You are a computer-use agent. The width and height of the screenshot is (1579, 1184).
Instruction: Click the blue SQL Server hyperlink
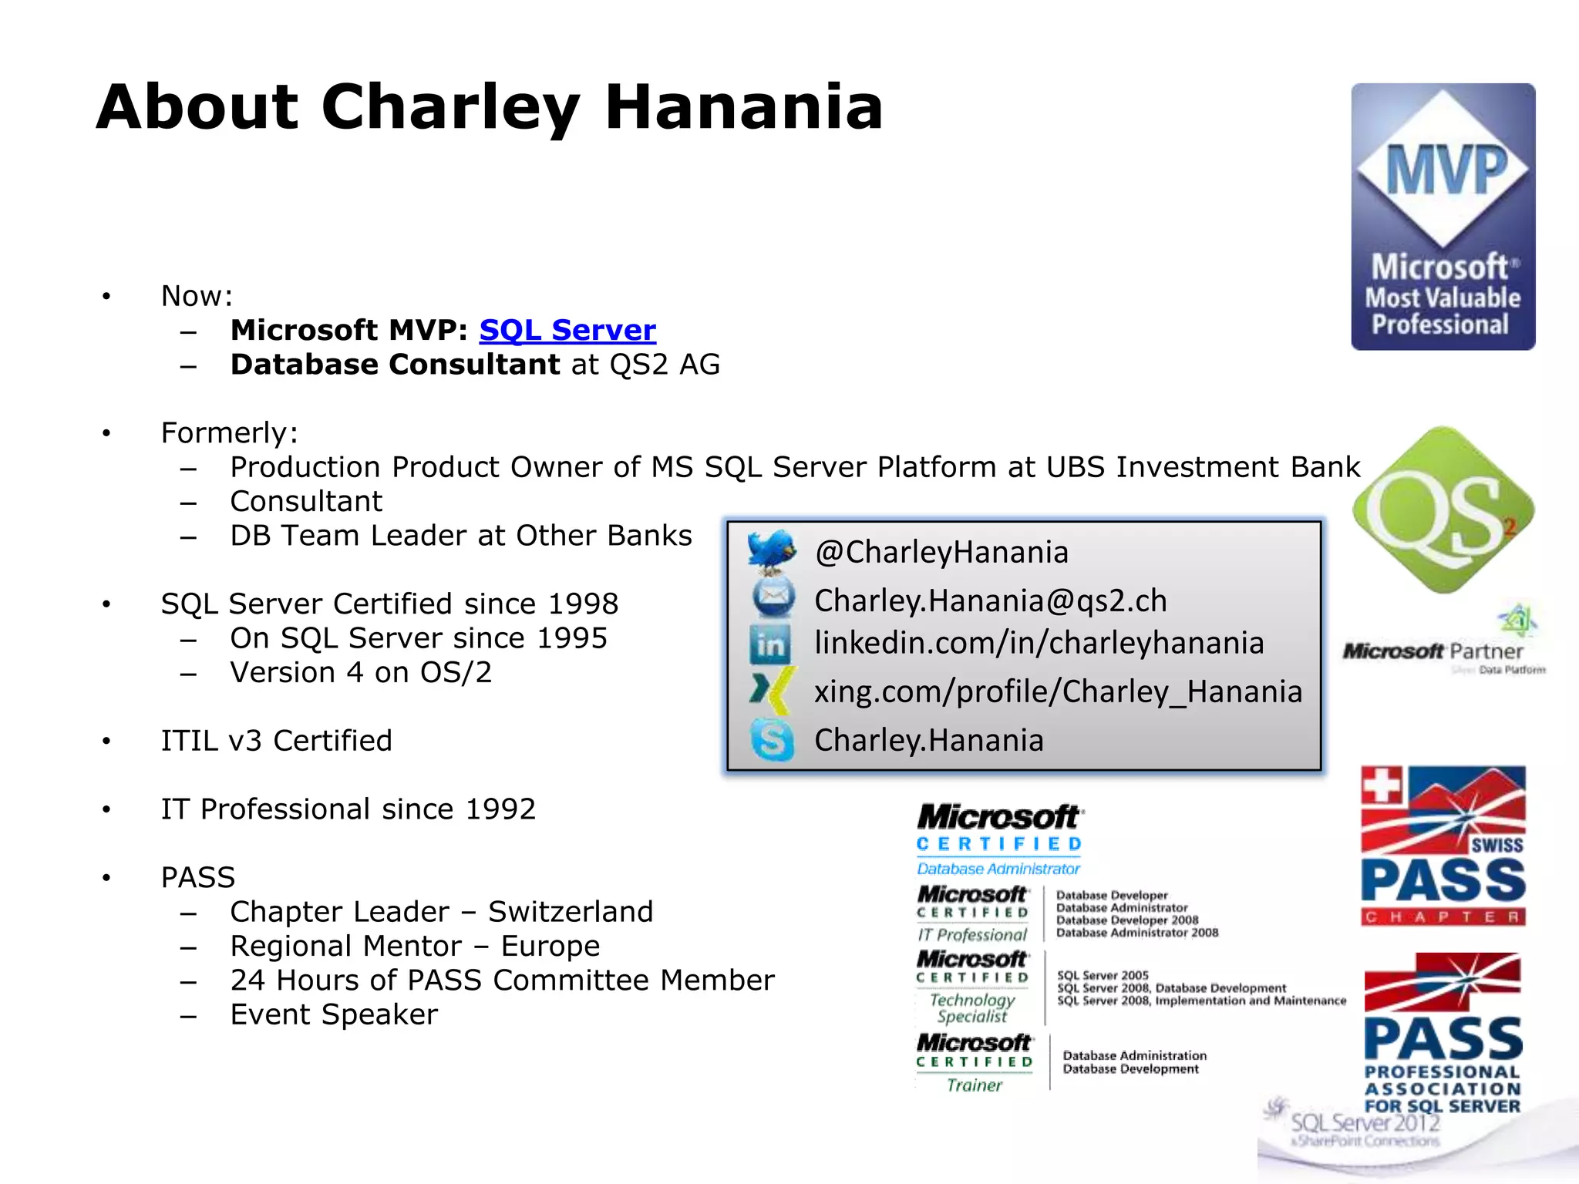[567, 330]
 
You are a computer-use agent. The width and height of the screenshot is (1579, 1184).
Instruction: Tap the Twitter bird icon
[772, 550]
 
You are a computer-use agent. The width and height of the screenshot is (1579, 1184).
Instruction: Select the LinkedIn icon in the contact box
[770, 644]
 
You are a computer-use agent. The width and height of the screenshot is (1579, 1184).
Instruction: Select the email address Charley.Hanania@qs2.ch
[991, 600]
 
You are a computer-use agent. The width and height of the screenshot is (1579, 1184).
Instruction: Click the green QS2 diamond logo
[1443, 510]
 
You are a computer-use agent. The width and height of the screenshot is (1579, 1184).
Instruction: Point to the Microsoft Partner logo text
[1433, 651]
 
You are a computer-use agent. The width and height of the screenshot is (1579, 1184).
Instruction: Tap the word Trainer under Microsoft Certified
[975, 1085]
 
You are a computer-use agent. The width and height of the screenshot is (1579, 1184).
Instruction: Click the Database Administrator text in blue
[998, 869]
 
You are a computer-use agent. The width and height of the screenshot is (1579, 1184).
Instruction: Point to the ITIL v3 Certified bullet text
[276, 741]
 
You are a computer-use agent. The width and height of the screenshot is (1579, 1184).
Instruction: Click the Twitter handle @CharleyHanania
[941, 552]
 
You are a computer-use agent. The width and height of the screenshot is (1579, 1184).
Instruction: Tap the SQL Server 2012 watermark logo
[1365, 1123]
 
